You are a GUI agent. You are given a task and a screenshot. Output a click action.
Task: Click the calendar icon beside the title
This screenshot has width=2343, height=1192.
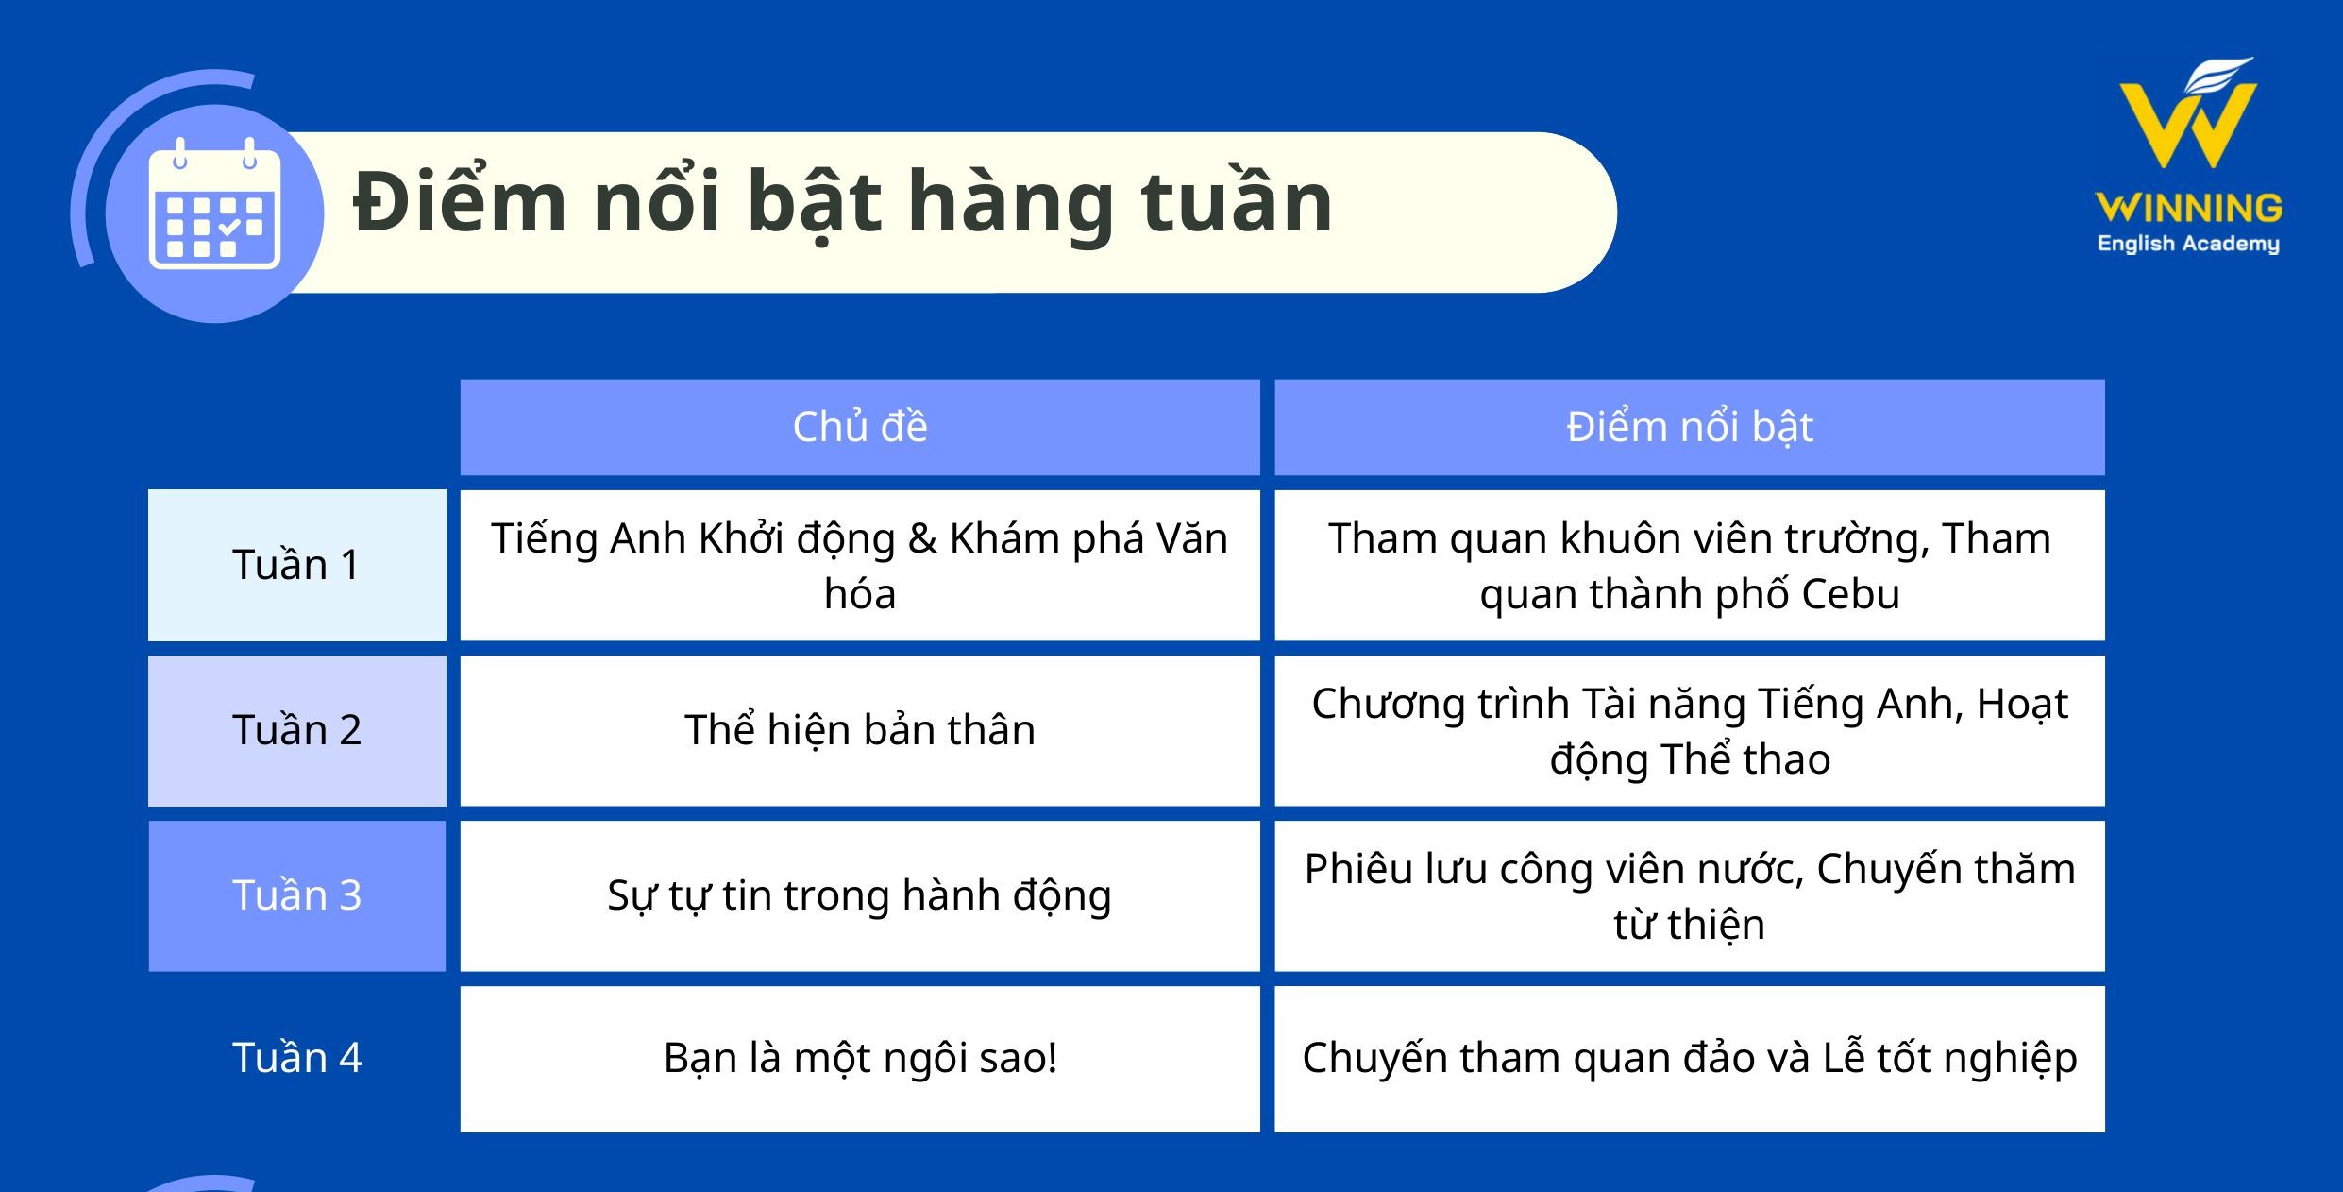click(x=215, y=206)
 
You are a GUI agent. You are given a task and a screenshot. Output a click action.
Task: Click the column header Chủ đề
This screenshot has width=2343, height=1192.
click(x=859, y=427)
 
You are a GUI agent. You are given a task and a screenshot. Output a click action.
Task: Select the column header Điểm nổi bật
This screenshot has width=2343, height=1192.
click(x=1689, y=427)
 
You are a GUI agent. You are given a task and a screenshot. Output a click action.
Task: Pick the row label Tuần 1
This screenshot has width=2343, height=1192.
click(x=296, y=565)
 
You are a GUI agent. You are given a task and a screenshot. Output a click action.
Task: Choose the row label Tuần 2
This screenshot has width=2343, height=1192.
click(x=296, y=730)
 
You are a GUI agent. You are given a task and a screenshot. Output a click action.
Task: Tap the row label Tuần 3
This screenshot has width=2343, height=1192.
click(x=296, y=895)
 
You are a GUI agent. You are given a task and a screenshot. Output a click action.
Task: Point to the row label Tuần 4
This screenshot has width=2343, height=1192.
click(x=296, y=1058)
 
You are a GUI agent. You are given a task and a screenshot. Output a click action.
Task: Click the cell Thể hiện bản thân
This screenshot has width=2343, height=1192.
click(x=859, y=730)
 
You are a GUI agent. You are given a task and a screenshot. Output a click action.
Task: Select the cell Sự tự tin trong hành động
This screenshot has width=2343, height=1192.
click(x=859, y=895)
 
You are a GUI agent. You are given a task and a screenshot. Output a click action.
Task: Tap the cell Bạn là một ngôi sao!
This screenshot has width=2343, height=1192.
click(x=859, y=1058)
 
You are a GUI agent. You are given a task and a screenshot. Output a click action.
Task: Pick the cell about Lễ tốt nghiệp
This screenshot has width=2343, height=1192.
click(x=1689, y=1058)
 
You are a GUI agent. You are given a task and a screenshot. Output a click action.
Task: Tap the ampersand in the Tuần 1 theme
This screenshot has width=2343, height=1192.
click(x=921, y=538)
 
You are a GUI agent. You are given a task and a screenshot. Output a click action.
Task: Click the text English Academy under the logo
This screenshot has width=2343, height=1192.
click(x=2188, y=244)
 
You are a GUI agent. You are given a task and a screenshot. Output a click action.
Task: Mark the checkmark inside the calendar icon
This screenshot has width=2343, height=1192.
click(x=229, y=228)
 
